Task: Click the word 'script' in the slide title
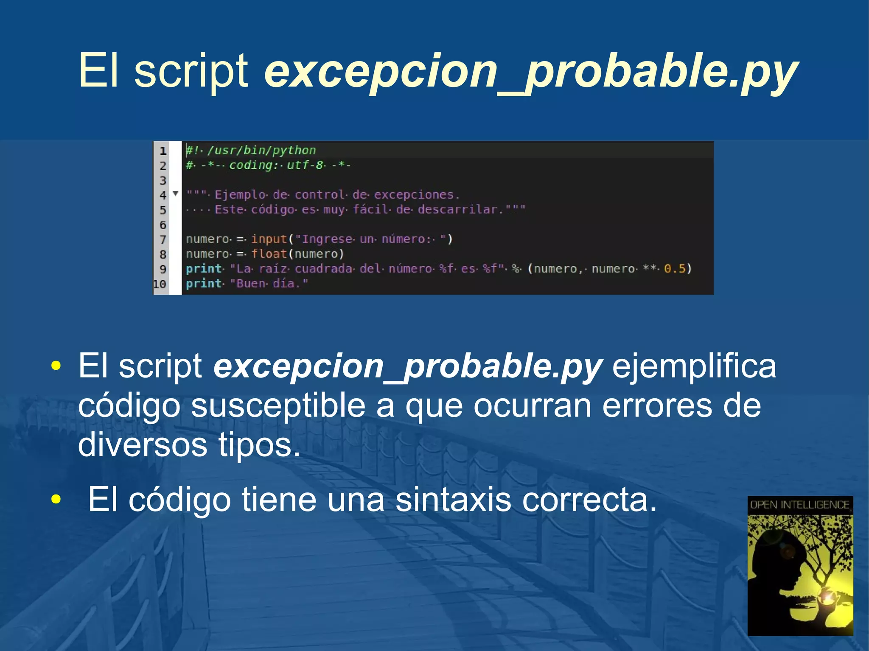(191, 71)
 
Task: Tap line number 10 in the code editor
(160, 284)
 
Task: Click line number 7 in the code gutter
(163, 240)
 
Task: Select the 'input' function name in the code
(269, 239)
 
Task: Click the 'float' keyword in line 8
(269, 254)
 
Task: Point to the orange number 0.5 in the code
(675, 269)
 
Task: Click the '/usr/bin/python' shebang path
(261, 150)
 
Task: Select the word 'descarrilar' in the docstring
(457, 210)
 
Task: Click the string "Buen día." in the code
(269, 284)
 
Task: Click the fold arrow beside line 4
(176, 194)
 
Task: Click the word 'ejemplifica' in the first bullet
(694, 366)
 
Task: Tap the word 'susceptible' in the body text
(278, 406)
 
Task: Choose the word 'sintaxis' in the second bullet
(453, 500)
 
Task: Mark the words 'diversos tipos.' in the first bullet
(189, 444)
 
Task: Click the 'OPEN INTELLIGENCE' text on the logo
(800, 505)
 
